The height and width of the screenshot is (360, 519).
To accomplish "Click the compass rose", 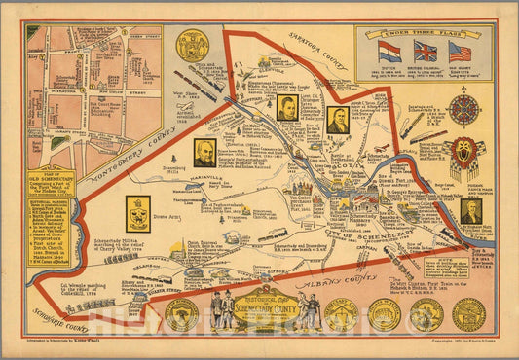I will (x=464, y=109).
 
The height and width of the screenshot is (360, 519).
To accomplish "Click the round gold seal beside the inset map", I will (x=191, y=46).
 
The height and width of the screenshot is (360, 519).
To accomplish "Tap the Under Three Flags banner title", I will (x=425, y=32).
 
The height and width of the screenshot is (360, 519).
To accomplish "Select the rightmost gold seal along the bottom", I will (x=468, y=313).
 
